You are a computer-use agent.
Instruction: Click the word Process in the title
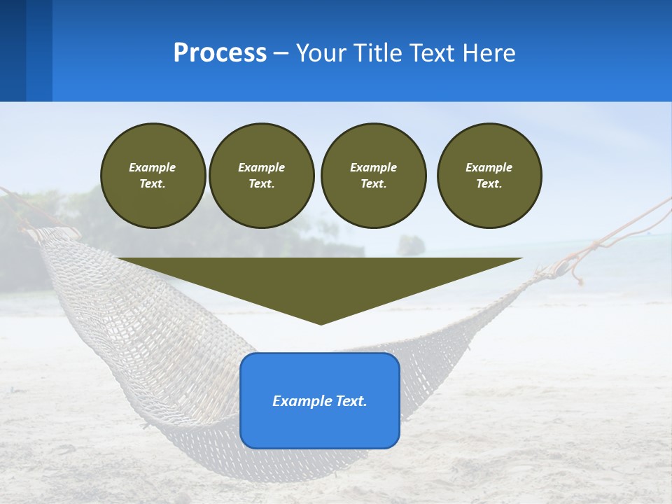220,53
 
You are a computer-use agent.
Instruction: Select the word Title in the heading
375,53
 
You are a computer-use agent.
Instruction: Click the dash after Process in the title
281,54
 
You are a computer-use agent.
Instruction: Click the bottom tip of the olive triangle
321,322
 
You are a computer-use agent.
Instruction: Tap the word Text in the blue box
350,401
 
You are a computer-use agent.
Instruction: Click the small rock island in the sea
411,244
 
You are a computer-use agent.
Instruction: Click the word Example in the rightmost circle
489,167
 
